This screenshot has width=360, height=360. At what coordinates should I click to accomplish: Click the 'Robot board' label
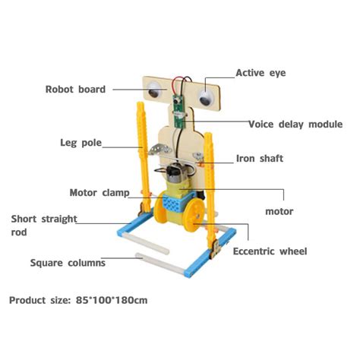tap(74, 88)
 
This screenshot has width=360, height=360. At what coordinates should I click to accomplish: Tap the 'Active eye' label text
tap(260, 74)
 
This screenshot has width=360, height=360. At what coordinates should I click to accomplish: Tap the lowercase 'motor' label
tap(279, 211)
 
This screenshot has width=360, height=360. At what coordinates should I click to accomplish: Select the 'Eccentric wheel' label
tap(270, 251)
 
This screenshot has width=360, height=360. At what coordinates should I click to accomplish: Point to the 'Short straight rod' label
tap(43, 226)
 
